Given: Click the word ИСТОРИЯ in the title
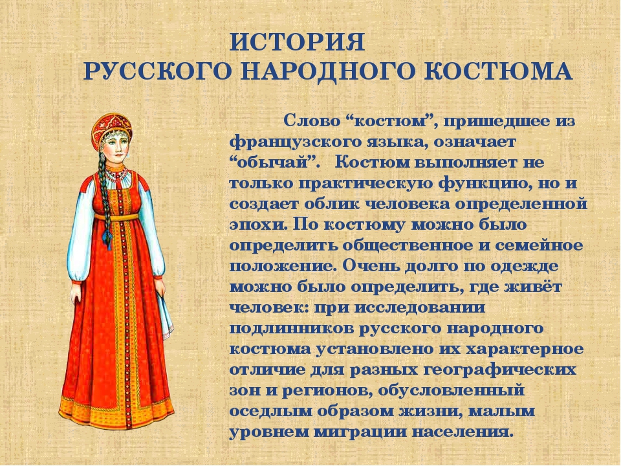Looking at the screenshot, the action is [x=297, y=42].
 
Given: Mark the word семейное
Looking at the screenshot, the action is [x=539, y=246].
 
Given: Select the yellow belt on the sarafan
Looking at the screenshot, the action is [x=117, y=217].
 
